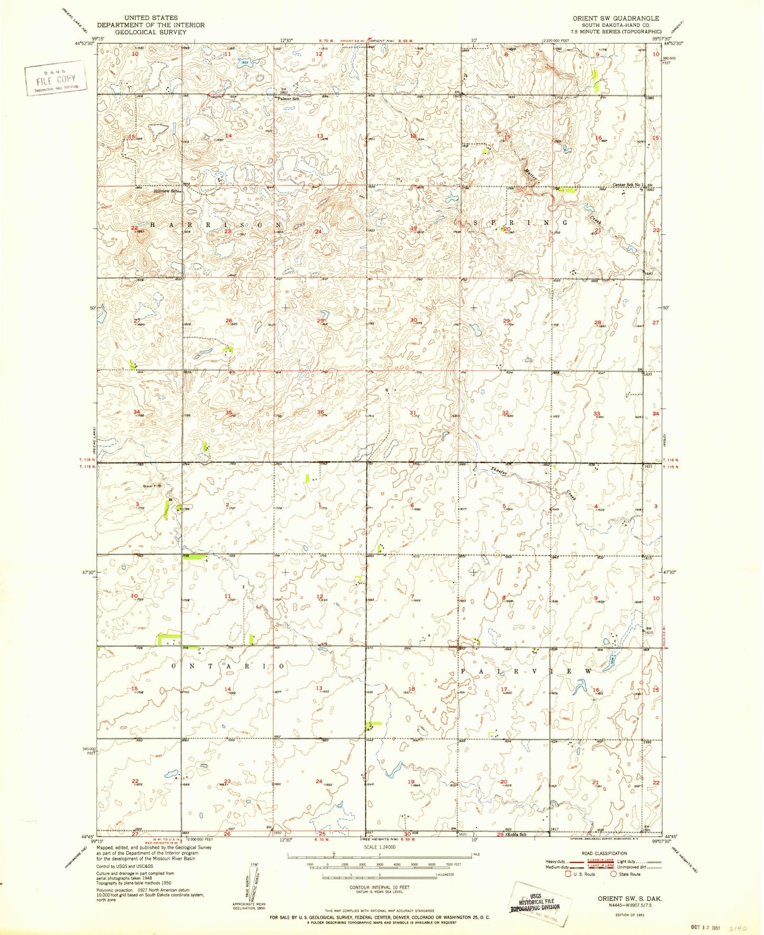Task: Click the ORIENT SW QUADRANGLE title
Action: coord(615,18)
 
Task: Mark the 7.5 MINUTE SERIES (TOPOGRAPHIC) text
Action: coord(615,32)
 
